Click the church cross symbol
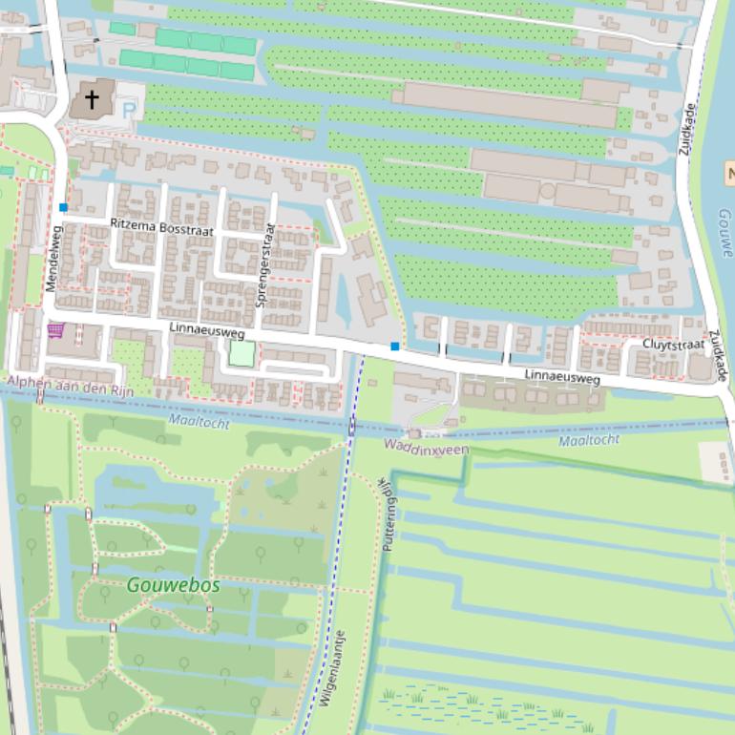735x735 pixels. click(93, 98)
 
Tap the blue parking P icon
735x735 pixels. click(129, 111)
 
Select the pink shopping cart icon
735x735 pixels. click(55, 330)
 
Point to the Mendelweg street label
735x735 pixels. click(52, 258)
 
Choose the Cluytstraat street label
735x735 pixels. click(673, 345)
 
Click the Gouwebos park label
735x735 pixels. click(173, 585)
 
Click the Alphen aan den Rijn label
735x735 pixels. click(70, 390)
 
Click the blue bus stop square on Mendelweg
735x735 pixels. click(64, 207)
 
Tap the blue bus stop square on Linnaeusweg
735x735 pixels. click(395, 346)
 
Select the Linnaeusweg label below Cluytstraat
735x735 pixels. click(562, 378)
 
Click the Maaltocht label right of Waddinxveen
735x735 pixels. click(588, 440)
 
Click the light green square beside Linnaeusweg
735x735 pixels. click(242, 354)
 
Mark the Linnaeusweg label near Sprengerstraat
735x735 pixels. click(206, 332)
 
